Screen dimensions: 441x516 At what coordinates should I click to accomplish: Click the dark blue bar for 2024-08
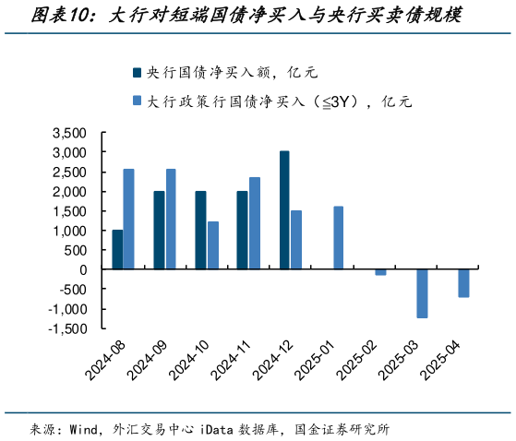click(x=117, y=249)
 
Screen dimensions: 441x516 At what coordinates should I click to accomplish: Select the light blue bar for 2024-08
click(x=129, y=219)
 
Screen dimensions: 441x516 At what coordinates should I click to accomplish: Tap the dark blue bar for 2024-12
click(x=284, y=209)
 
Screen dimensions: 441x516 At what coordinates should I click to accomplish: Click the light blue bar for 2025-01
click(x=339, y=237)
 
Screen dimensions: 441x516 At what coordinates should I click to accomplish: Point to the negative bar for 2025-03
click(x=422, y=293)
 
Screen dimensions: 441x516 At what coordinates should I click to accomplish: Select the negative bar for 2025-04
click(x=464, y=283)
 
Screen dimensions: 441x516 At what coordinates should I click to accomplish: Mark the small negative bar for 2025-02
click(x=380, y=272)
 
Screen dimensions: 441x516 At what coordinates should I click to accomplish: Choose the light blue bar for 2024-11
click(x=255, y=222)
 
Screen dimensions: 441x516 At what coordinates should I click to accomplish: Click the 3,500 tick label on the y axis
click(x=69, y=133)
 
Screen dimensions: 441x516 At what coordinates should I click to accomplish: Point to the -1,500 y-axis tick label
click(x=66, y=328)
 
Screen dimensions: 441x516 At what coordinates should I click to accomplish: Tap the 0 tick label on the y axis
click(x=83, y=269)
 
